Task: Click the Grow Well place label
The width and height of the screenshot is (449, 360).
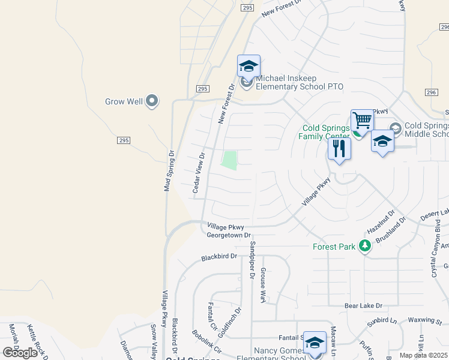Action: [124, 101]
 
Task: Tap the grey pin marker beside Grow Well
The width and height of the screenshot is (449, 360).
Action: [152, 101]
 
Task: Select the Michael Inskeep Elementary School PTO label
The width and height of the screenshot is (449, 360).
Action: [300, 82]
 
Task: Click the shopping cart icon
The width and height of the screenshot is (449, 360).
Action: [362, 121]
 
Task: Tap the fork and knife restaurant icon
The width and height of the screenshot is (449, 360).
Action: [339, 148]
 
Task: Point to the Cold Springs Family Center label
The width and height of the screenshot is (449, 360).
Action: [325, 132]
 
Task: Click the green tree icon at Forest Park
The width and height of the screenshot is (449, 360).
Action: [364, 246]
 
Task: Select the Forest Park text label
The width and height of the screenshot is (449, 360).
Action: [334, 246]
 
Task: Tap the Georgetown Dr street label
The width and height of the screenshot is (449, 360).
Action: [229, 236]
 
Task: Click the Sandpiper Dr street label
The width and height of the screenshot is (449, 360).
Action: [253, 261]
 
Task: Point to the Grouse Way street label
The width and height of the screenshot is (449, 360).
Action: [263, 284]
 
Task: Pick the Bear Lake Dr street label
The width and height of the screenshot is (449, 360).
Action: [364, 305]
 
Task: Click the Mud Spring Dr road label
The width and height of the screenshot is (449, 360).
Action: [170, 170]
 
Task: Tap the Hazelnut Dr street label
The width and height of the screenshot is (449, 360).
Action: [381, 221]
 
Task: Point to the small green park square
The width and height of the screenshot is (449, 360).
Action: [229, 160]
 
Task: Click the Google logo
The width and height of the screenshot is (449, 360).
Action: [20, 352]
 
